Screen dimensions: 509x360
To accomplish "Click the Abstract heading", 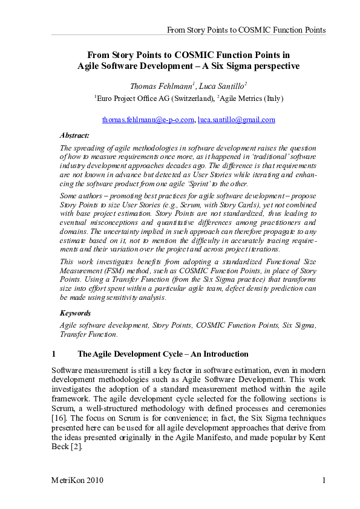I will click(x=74, y=135).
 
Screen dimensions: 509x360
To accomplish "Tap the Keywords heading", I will click(x=76, y=313).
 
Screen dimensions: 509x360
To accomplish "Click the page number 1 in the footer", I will click(x=324, y=481).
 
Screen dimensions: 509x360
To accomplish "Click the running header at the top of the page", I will click(x=246, y=29).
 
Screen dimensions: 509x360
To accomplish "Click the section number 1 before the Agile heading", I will click(x=54, y=354).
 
